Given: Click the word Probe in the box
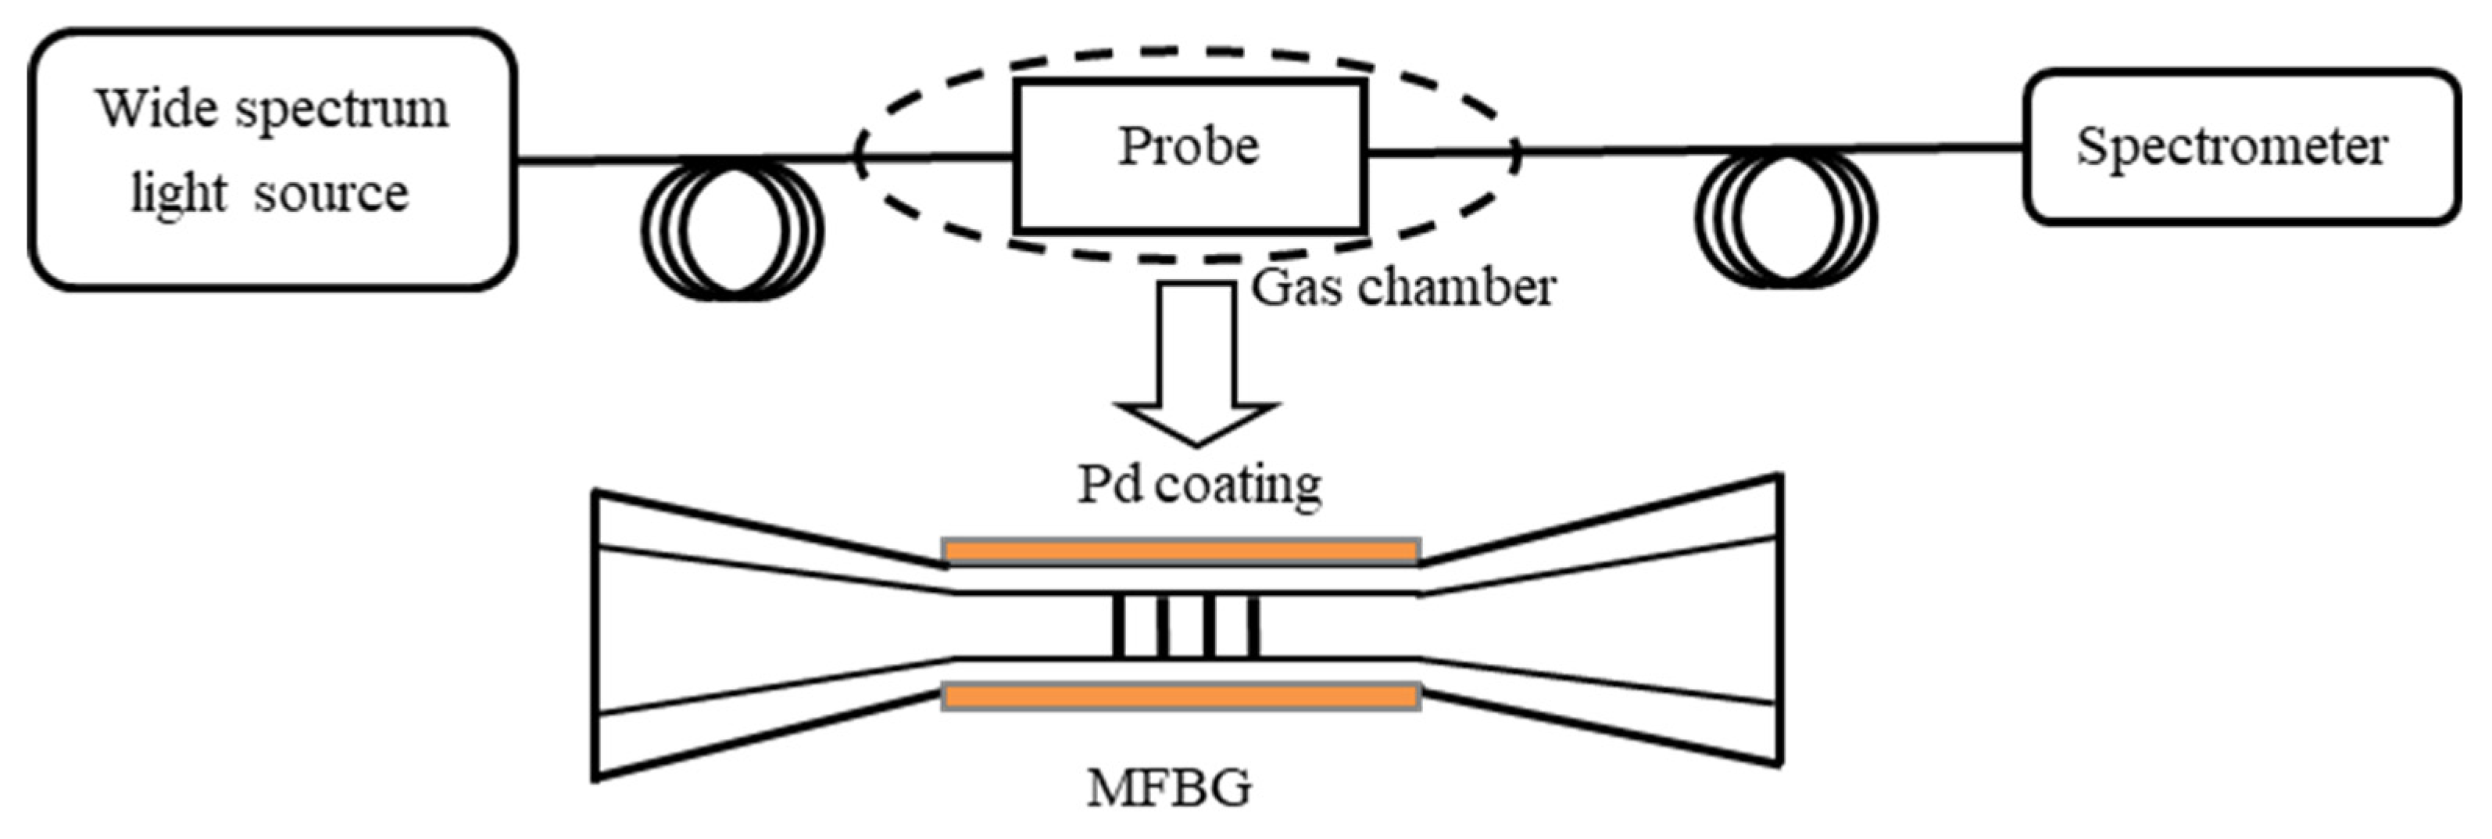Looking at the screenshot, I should click(x=1189, y=147).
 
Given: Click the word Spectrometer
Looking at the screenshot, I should click(x=2232, y=147).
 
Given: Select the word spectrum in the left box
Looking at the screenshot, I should click(x=343, y=111).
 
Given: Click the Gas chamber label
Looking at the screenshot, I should click(x=1403, y=288).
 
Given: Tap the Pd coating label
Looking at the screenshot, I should click(x=1200, y=485).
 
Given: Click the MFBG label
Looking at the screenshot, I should click(x=1168, y=787).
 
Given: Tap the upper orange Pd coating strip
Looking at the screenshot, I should click(x=1180, y=551).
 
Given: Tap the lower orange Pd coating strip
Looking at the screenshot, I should click(x=1180, y=697).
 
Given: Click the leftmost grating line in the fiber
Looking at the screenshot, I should click(x=1119, y=626).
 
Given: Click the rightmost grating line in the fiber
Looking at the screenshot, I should click(x=1253, y=626).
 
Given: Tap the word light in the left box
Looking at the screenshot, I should click(x=179, y=194).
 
